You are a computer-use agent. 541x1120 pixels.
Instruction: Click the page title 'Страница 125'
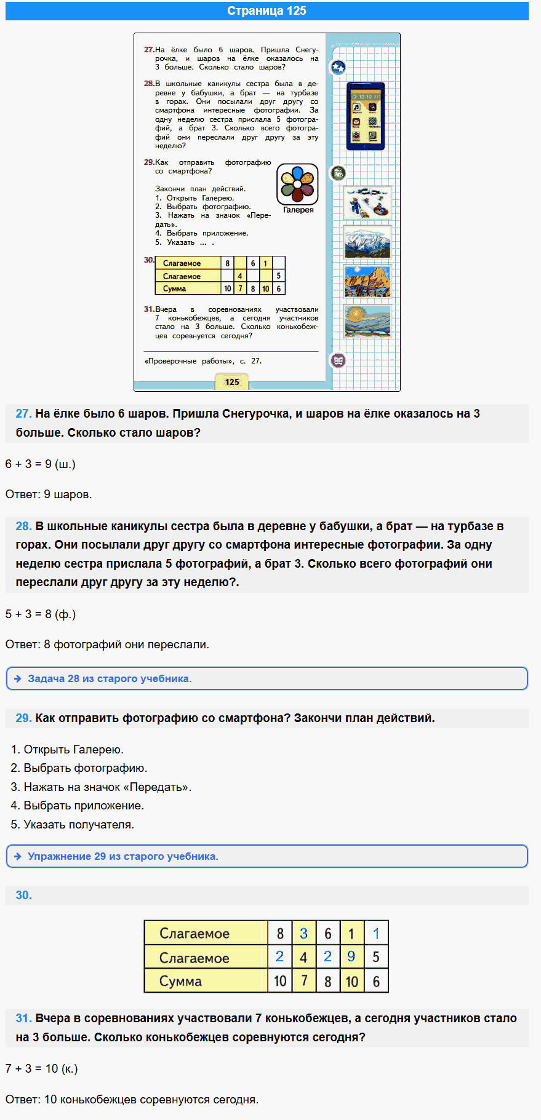pyautogui.click(x=266, y=11)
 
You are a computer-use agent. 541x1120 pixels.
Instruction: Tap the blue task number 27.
pyautogui.click(x=23, y=414)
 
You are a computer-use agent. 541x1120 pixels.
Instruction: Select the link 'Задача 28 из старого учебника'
pyautogui.click(x=110, y=678)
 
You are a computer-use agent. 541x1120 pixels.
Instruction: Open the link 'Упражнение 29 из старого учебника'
pyautogui.click(x=122, y=856)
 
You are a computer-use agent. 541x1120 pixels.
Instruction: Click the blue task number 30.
pyautogui.click(x=23, y=896)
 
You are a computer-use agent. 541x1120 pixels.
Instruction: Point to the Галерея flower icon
pyautogui.click(x=297, y=184)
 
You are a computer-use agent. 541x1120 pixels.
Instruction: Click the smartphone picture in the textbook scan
pyautogui.click(x=365, y=116)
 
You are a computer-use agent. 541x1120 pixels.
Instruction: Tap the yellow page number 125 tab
pyautogui.click(x=232, y=382)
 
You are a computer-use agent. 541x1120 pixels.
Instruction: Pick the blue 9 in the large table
pyautogui.click(x=351, y=956)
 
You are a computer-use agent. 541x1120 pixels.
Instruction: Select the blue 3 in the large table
pyautogui.click(x=303, y=934)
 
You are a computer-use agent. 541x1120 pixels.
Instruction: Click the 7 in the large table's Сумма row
pyautogui.click(x=303, y=980)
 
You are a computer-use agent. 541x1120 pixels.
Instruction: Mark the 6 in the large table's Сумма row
pyautogui.click(x=376, y=981)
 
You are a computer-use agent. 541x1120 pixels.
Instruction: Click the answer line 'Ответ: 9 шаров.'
pyautogui.click(x=49, y=494)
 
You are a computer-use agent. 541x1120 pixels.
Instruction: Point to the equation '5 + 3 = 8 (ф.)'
pyautogui.click(x=41, y=614)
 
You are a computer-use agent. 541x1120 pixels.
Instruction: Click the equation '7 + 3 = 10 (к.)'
pyautogui.click(x=42, y=1068)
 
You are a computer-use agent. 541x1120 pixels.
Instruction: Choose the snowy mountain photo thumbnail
pyautogui.click(x=367, y=242)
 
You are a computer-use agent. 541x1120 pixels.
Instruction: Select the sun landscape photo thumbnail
pyautogui.click(x=367, y=320)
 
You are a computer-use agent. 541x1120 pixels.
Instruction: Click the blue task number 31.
pyautogui.click(x=23, y=1019)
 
